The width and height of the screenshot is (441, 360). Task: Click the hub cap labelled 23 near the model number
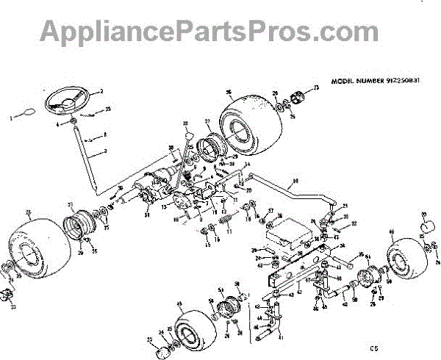click(x=298, y=97)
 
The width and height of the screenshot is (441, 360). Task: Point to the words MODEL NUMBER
click(x=358, y=81)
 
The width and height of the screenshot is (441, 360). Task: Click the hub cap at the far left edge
click(x=6, y=295)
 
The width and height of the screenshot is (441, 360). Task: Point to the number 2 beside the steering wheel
click(x=101, y=91)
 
